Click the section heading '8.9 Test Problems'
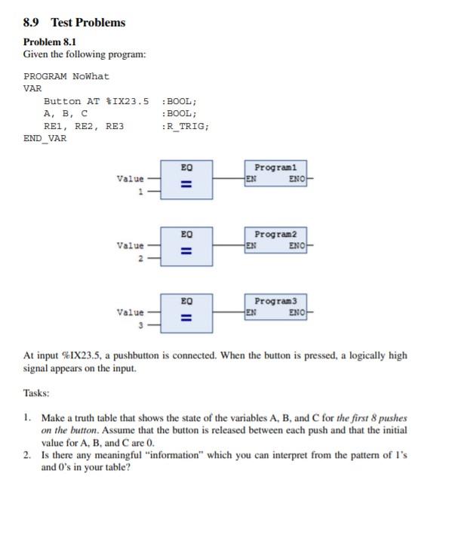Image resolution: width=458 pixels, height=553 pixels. tap(75, 23)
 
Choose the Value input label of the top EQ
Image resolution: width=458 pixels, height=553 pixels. tap(130, 179)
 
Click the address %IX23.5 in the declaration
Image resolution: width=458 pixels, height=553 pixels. tap(128, 100)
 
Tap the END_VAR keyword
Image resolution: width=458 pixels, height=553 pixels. tap(45, 139)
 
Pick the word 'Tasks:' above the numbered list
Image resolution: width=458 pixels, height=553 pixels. tap(37, 393)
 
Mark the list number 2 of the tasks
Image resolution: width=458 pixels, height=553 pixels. tap(27, 456)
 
